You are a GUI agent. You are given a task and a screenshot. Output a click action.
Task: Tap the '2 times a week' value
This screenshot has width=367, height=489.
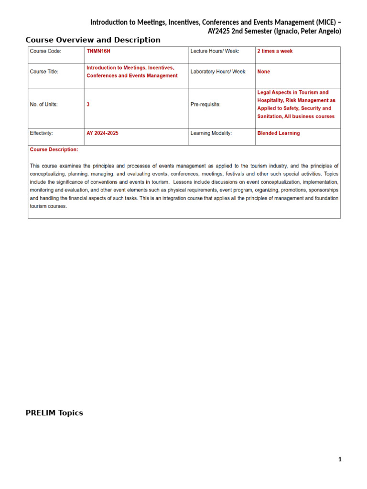(275, 51)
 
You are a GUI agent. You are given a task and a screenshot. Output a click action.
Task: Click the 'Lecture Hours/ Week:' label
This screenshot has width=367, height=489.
(215, 51)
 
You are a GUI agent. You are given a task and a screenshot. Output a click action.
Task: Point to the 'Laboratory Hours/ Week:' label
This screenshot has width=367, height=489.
(218, 72)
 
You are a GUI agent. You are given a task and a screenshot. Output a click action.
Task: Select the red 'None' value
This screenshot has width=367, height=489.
(263, 72)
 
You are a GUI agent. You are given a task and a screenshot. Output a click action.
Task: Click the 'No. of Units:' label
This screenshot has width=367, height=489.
(43, 105)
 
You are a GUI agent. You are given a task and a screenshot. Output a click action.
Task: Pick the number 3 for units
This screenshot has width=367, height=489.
(88, 105)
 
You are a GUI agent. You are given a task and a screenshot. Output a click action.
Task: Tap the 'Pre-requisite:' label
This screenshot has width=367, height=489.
(205, 105)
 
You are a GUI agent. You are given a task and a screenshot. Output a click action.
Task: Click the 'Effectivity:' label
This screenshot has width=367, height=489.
(42, 133)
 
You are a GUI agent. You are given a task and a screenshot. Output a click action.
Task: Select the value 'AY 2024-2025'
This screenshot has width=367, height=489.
(102, 133)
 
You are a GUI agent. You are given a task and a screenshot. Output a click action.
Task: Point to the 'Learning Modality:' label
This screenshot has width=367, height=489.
(211, 133)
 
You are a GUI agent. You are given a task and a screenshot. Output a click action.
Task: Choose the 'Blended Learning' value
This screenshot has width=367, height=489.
(279, 133)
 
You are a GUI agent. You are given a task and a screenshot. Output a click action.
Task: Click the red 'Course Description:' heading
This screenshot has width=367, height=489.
(54, 150)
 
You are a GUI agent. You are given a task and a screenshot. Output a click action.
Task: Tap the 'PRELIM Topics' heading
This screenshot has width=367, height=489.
(54, 413)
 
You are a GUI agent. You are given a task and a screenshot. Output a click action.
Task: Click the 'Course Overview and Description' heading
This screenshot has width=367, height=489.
(93, 40)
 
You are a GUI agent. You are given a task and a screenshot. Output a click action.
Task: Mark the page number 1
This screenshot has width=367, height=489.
(340, 460)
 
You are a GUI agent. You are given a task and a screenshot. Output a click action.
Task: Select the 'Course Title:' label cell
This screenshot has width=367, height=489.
(44, 72)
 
